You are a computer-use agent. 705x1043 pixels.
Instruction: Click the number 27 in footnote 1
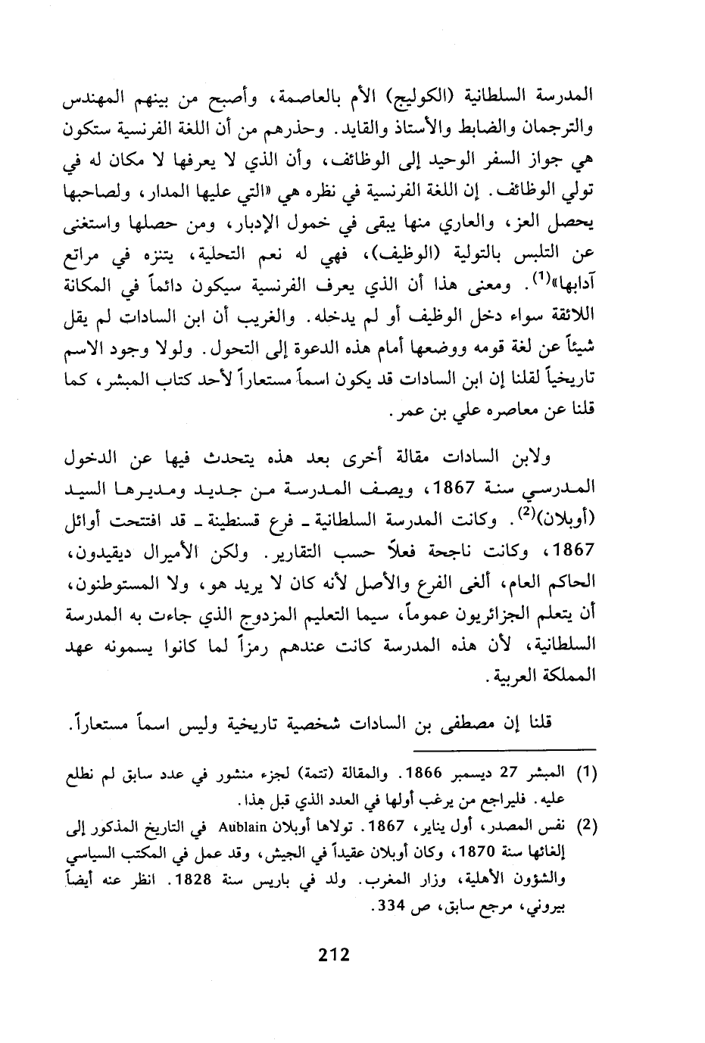(513, 773)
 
